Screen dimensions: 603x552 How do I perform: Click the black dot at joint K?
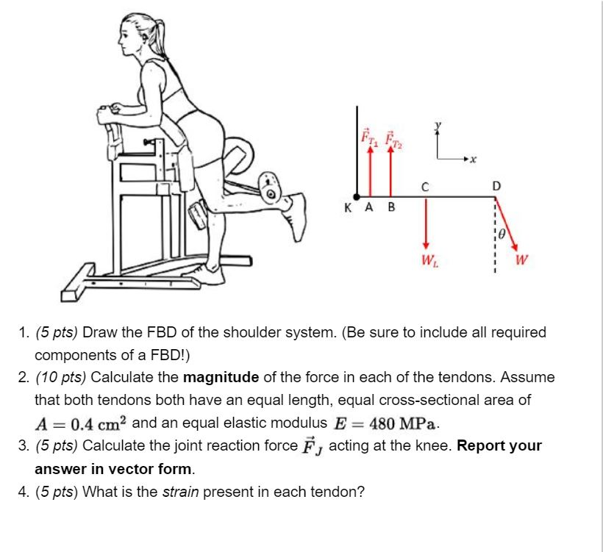(357, 197)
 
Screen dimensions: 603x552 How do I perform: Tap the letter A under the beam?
(369, 207)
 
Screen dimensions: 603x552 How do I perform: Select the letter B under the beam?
(391, 207)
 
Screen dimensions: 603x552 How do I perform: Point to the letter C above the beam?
(425, 187)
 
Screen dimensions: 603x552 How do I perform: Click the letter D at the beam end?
(496, 186)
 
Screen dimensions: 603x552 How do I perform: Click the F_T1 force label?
(369, 137)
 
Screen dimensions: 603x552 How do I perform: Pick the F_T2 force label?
(393, 140)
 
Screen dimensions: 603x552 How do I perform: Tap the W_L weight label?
(429, 261)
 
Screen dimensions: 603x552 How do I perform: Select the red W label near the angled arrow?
(521, 260)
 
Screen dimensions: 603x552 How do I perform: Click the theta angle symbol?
(502, 234)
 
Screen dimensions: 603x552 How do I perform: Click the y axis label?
(438, 126)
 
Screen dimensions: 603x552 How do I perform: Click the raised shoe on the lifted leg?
(296, 216)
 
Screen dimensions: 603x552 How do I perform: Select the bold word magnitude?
(221, 377)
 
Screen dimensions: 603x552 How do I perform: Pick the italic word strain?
(180, 492)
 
